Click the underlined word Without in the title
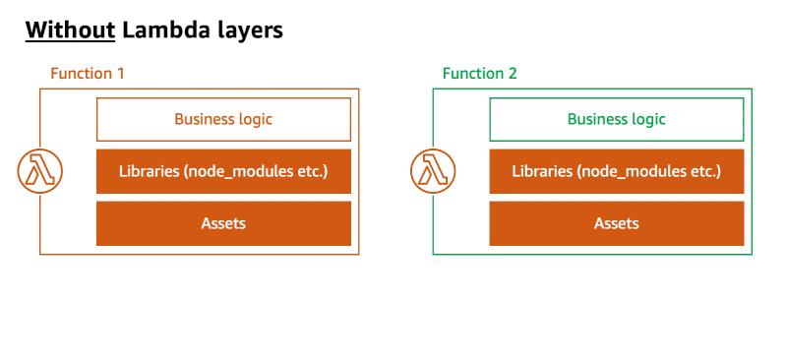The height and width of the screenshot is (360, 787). pyautogui.click(x=70, y=30)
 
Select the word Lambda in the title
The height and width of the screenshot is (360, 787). pyautogui.click(x=161, y=30)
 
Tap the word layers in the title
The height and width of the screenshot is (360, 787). pyautogui.click(x=245, y=30)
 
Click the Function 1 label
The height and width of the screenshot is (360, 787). pyautogui.click(x=87, y=73)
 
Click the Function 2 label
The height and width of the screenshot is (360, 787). pyautogui.click(x=479, y=73)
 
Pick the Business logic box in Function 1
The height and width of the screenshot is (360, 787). pyautogui.click(x=223, y=119)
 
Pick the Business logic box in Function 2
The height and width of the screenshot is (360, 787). pyautogui.click(x=617, y=119)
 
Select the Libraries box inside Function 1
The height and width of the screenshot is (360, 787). pyautogui.click(x=223, y=171)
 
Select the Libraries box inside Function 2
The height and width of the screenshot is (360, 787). pyautogui.click(x=617, y=171)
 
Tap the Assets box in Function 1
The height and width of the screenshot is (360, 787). pyautogui.click(x=223, y=223)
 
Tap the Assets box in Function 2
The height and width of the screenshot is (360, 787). pyautogui.click(x=617, y=223)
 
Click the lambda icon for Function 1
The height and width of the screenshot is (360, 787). pyautogui.click(x=39, y=171)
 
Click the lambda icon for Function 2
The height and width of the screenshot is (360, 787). pyautogui.click(x=432, y=171)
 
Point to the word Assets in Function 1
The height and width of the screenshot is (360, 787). pyautogui.click(x=223, y=223)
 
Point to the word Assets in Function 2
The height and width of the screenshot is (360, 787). pyautogui.click(x=617, y=223)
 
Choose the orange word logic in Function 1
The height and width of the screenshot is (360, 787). pyautogui.click(x=254, y=119)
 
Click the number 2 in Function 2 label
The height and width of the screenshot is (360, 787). pyautogui.click(x=513, y=73)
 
